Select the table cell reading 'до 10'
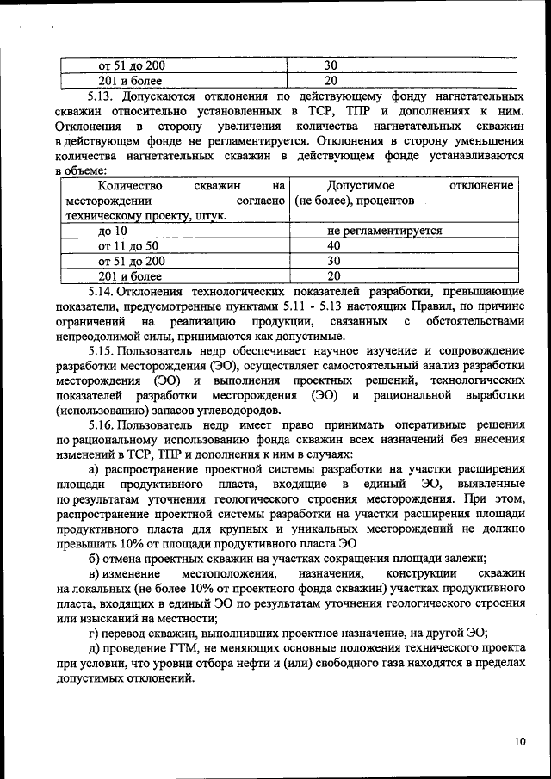113,231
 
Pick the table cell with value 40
333,245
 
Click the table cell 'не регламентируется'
385,231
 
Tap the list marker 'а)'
96,469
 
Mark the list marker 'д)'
96,647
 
